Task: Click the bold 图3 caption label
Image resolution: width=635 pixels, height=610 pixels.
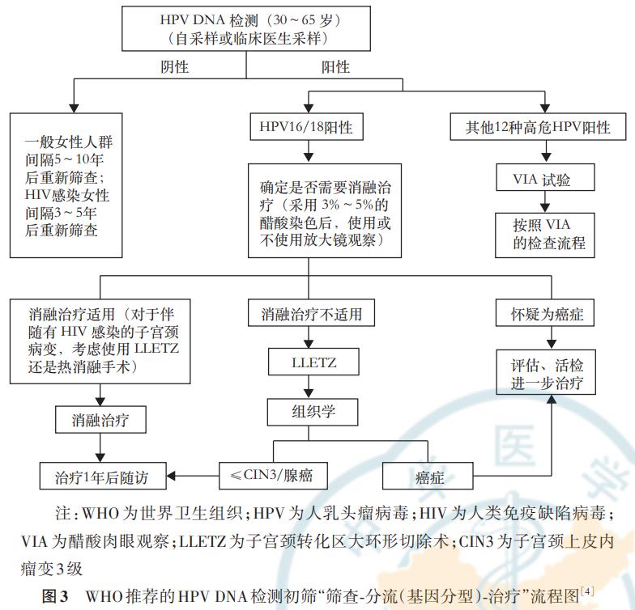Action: [55, 596]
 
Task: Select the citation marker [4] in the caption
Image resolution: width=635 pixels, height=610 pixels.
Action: [586, 592]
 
